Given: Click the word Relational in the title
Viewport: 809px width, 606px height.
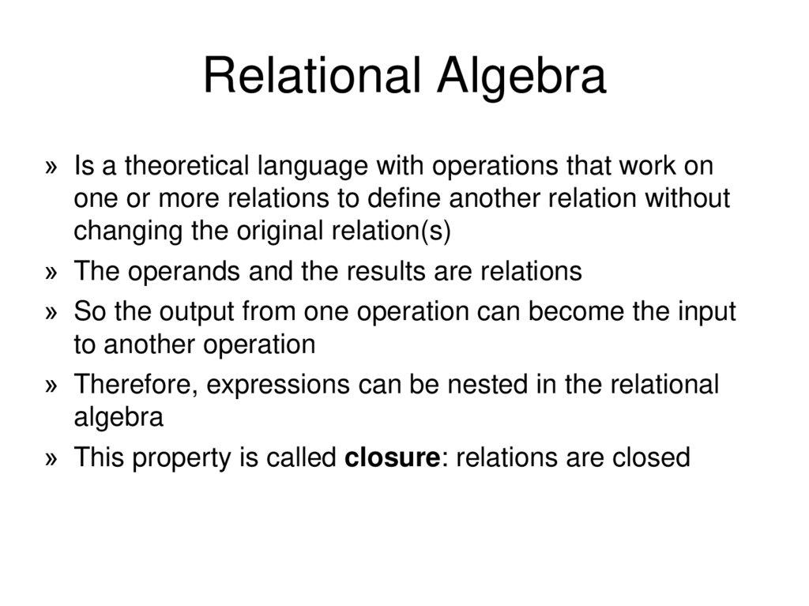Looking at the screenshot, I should coord(311,77).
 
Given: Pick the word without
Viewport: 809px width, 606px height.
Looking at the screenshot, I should coord(687,199).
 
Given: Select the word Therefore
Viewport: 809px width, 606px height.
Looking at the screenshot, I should coord(135,385).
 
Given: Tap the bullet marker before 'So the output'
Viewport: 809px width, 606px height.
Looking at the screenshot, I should coord(52,312).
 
